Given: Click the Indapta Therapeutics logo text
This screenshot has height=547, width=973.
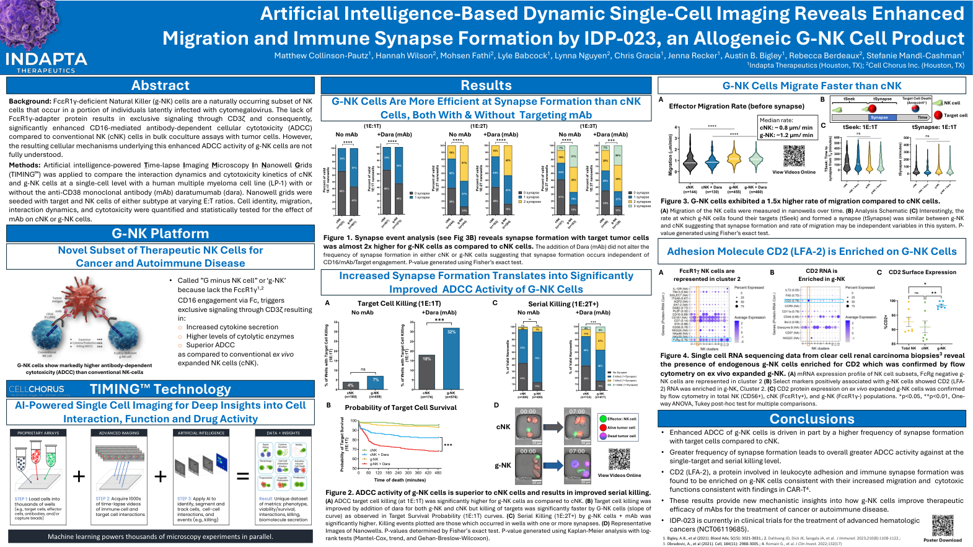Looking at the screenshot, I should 46,60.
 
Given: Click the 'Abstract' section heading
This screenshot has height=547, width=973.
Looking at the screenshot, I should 161,86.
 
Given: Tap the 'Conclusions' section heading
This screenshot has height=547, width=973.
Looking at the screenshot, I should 812,419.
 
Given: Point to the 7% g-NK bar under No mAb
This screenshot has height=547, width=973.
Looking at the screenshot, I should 375,382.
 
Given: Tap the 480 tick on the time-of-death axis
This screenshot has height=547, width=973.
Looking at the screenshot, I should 438,473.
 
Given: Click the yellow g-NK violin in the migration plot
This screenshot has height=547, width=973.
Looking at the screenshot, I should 734,159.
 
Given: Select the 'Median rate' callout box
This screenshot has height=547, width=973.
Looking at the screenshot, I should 786,128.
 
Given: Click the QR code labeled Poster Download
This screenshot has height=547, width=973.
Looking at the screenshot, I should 943,525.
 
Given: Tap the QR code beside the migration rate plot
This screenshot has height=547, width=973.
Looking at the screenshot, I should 793,156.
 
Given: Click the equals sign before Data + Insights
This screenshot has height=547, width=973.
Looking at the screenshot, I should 243,476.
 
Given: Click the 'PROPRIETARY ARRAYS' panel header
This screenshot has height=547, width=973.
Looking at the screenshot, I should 38,433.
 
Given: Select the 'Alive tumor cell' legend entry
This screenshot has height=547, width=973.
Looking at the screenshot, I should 621,427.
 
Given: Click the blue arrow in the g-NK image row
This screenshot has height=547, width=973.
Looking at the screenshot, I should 552,465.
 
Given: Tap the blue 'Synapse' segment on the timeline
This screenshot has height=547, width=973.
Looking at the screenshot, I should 879,117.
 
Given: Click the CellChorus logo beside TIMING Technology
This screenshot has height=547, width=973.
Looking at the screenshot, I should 37,389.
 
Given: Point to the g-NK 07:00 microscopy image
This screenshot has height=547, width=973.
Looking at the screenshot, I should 577,467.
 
